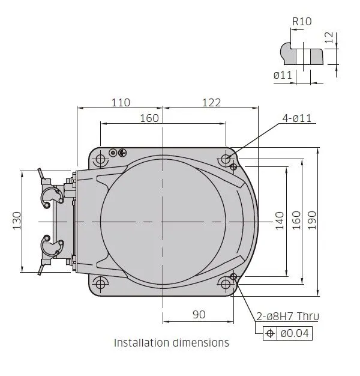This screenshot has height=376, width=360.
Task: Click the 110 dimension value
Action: tap(121, 103)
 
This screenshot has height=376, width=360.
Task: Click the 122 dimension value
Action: tap(211, 103)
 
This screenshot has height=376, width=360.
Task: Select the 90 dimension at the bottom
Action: tap(199, 315)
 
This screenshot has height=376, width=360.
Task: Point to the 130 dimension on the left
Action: tap(17, 221)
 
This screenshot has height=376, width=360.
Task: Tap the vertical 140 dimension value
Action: tap(280, 221)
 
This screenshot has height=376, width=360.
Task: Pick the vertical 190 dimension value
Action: tap(312, 220)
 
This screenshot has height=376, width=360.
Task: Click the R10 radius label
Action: tap(302, 22)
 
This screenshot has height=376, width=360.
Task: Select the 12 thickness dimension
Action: tap(329, 37)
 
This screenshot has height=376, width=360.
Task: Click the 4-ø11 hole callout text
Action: tap(297, 118)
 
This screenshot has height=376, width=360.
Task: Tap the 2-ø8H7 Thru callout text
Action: tap(287, 317)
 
